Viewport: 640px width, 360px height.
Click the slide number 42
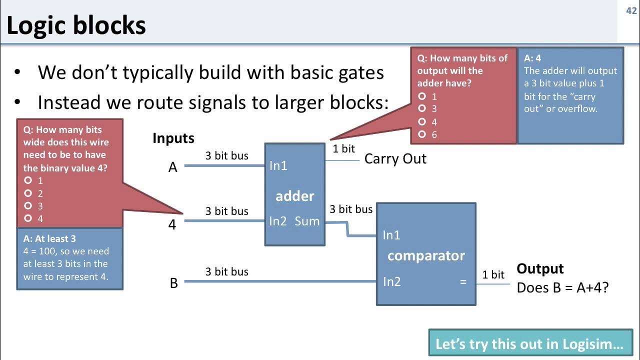(631, 11)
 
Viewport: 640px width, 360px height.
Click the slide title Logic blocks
(76, 25)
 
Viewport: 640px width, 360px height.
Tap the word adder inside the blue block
(295, 196)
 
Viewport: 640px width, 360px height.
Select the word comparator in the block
(426, 256)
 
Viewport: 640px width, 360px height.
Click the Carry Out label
(395, 159)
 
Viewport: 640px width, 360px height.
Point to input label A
(173, 167)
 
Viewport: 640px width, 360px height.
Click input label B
(173, 283)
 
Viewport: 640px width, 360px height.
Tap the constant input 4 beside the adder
(172, 225)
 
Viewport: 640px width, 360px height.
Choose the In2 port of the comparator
(392, 282)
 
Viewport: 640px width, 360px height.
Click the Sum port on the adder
(307, 221)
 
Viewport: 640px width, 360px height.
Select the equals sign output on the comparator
(463, 282)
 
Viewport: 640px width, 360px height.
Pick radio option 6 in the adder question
(422, 134)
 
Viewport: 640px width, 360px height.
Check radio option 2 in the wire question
(28, 193)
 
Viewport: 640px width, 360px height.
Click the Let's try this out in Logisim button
(529, 344)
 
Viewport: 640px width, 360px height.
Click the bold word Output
(540, 269)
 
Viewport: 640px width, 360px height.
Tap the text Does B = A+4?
(562, 287)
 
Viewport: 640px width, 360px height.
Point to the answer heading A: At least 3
(49, 239)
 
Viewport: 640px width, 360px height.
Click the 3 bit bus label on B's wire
(226, 272)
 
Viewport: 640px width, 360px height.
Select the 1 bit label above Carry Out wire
(343, 148)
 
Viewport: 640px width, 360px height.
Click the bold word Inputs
(173, 138)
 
